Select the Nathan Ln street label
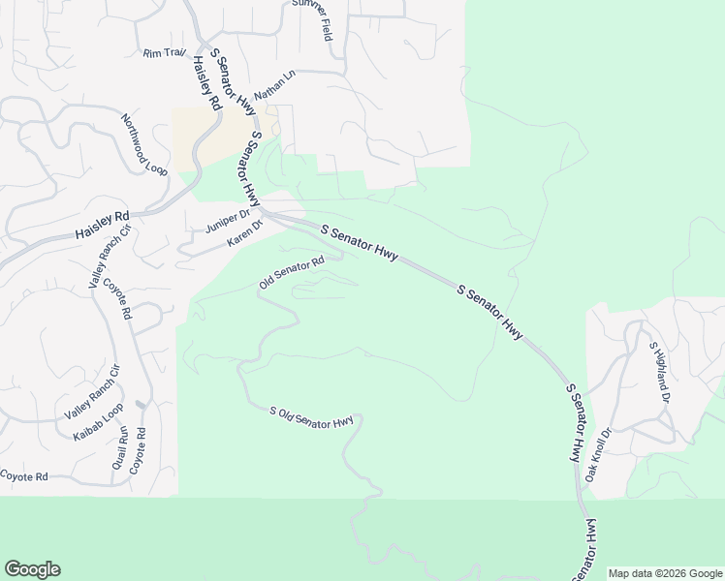(274, 86)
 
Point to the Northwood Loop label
(144, 144)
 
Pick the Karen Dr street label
(245, 234)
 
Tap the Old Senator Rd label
(291, 272)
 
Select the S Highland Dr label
(659, 372)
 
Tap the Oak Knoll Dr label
(598, 455)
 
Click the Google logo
(32, 569)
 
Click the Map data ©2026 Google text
(665, 573)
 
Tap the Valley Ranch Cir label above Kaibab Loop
(91, 391)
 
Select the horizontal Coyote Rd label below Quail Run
(24, 476)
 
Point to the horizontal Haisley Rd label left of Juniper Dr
(102, 228)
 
